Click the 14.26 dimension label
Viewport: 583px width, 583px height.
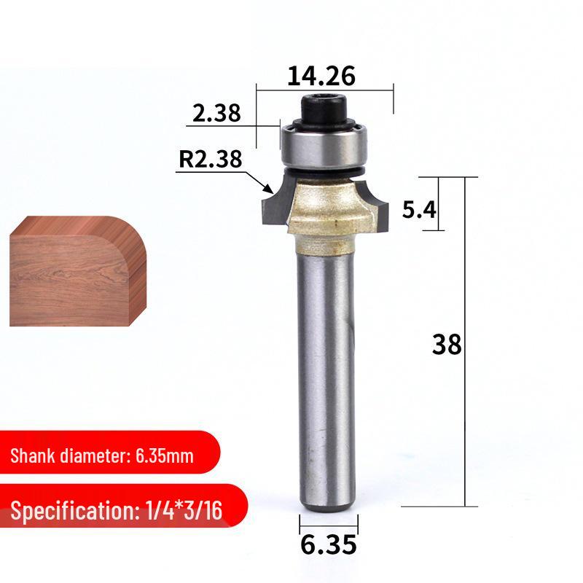click(x=321, y=76)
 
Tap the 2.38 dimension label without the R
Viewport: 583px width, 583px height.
click(x=216, y=113)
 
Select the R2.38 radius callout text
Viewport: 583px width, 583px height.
click(x=211, y=159)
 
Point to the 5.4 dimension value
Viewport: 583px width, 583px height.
click(x=419, y=209)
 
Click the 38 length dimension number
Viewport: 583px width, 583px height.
click(x=447, y=344)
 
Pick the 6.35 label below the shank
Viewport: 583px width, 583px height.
click(x=329, y=544)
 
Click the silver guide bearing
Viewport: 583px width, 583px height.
click(x=324, y=147)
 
